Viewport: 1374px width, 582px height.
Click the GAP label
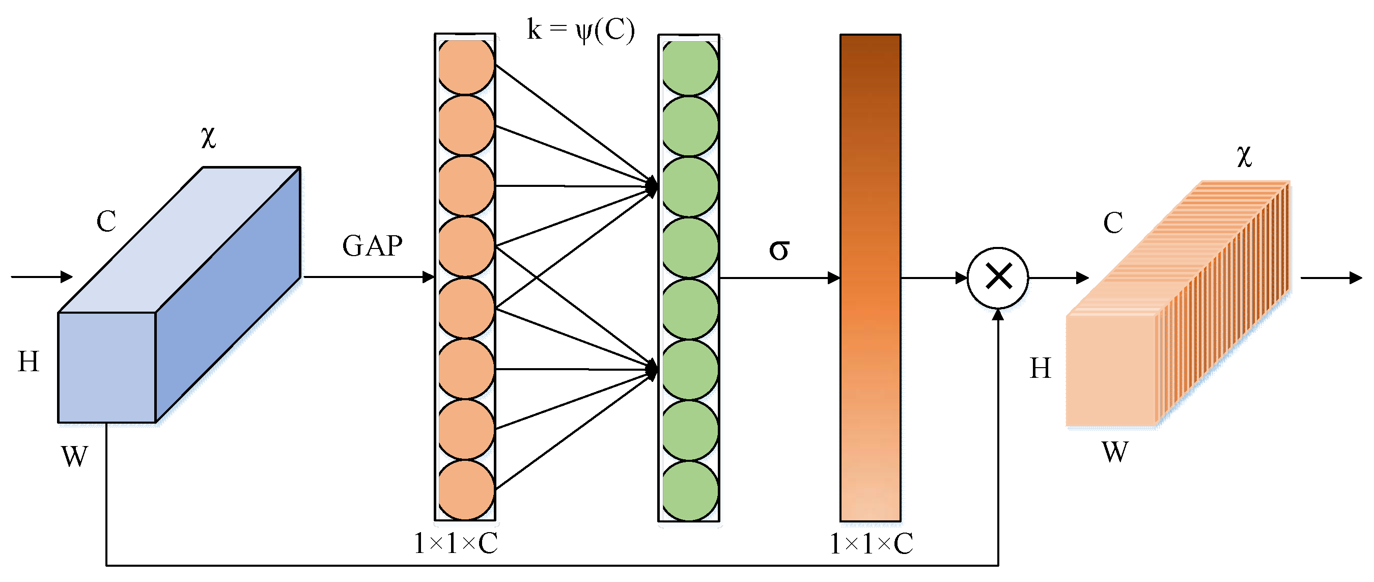[x=372, y=246]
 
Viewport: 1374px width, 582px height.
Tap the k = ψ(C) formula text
[x=580, y=30]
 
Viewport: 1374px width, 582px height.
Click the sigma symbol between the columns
[x=779, y=250]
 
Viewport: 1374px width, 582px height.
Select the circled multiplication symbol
[x=997, y=278]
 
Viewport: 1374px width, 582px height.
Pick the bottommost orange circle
[x=466, y=490]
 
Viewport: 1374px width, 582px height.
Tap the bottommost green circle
[x=690, y=491]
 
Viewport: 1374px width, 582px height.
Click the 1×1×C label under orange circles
[x=456, y=544]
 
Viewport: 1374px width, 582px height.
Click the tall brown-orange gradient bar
[x=870, y=278]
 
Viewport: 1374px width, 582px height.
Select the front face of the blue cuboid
[x=107, y=367]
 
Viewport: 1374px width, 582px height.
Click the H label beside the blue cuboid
[x=29, y=362]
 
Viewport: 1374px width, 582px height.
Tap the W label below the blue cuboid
[x=74, y=457]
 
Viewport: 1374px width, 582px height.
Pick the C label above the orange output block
[x=1113, y=223]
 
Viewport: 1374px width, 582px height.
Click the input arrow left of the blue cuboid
[x=42, y=276]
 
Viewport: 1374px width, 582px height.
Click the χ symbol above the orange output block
[x=1244, y=156]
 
